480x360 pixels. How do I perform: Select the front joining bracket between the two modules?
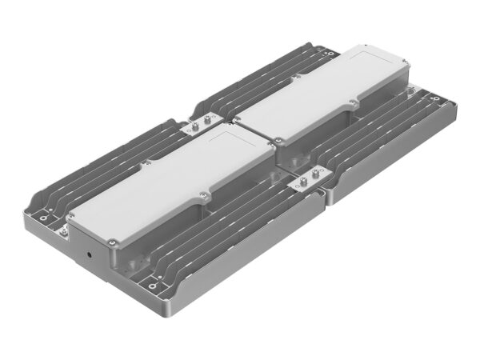pos(307,182)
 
